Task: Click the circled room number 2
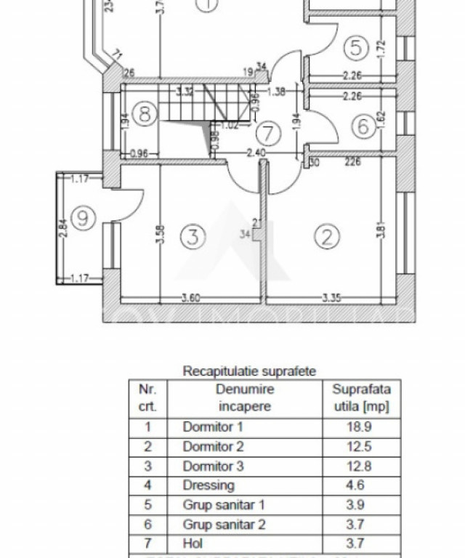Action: (326, 237)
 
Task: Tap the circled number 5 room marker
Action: (355, 48)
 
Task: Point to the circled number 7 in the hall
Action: (269, 134)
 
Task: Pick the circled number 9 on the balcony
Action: (85, 217)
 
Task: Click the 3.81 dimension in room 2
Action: (382, 229)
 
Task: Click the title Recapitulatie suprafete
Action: (249, 371)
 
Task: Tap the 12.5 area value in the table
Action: (360, 446)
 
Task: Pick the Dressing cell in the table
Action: (209, 485)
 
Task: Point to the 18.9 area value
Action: (360, 427)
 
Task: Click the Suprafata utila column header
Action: (360, 398)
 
